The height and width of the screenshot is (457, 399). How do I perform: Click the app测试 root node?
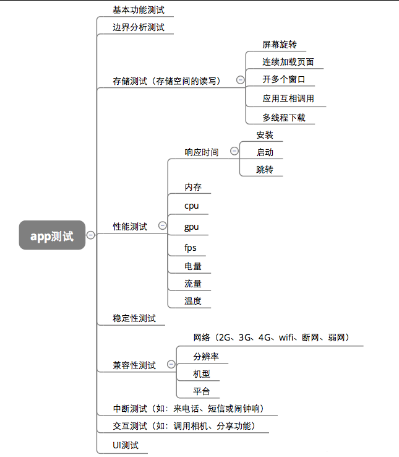tap(52, 235)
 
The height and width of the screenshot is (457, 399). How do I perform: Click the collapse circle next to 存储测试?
tap(239, 80)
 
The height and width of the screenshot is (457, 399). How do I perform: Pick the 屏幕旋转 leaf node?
tap(279, 45)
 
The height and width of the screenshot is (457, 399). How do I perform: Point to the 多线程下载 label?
tap(283, 117)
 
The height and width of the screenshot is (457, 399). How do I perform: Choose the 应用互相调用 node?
tap(288, 98)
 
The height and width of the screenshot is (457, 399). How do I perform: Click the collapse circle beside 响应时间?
tap(234, 151)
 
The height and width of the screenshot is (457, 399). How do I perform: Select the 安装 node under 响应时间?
tap(264, 135)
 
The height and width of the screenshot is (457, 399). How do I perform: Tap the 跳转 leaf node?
tap(264, 169)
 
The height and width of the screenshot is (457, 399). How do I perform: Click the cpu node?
tap(191, 206)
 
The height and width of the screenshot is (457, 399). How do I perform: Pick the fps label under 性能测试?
tap(191, 247)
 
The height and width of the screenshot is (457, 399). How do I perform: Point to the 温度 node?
tap(193, 301)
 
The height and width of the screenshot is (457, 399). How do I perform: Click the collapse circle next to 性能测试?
tap(163, 226)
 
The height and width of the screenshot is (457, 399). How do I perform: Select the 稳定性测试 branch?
tap(134, 318)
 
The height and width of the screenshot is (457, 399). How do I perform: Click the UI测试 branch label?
tap(126, 445)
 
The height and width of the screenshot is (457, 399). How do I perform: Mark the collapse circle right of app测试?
tap(91, 235)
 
